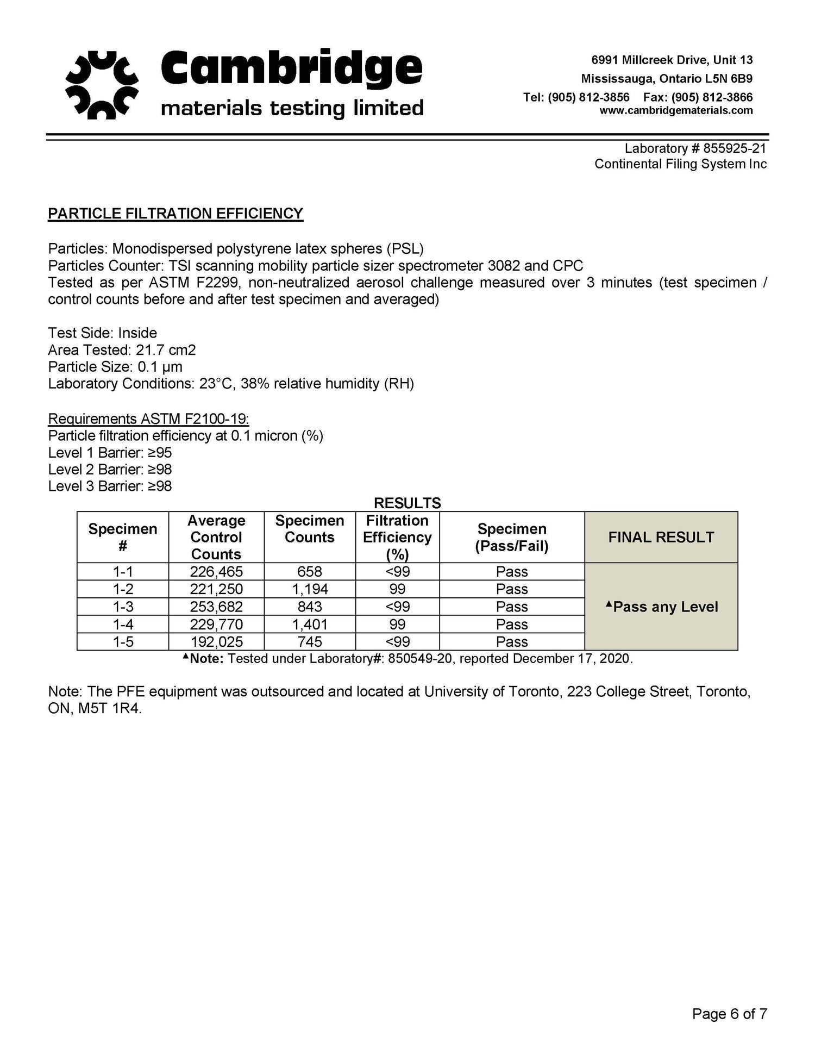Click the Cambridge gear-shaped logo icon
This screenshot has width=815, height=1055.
[x=102, y=85]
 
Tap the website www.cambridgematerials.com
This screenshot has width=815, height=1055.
[x=676, y=111]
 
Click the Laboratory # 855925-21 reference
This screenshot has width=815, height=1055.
[x=695, y=148]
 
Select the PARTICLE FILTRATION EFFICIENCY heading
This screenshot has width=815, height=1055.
[x=175, y=214]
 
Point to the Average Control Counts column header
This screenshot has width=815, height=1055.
[x=216, y=537]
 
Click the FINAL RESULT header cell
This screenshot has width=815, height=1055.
[x=661, y=537]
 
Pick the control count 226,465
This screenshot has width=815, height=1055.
[x=216, y=572]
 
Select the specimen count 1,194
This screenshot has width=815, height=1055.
[x=310, y=589]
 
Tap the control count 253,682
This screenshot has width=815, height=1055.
[x=216, y=607]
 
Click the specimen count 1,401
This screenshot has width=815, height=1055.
[x=310, y=625]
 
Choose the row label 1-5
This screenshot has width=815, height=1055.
[x=123, y=642]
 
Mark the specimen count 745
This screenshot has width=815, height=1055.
[x=310, y=642]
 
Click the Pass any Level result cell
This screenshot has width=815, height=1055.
[x=661, y=607]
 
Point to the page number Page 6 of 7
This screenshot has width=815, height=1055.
[x=729, y=1014]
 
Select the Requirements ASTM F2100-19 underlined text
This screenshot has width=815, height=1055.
[x=148, y=419]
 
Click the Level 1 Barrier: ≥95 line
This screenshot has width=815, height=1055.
[x=110, y=453]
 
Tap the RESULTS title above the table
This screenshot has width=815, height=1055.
[x=407, y=503]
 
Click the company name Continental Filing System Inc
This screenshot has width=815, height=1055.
[x=680, y=164]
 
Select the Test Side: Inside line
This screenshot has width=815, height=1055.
[x=102, y=333]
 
